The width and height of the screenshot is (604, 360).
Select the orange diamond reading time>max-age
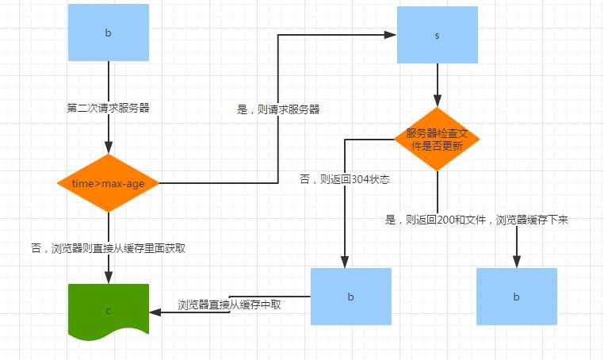coord(109,183)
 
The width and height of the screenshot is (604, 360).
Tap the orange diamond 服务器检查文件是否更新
coord(437,139)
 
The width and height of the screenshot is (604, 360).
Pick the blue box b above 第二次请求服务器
coord(109,34)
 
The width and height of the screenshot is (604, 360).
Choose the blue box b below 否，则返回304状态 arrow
coord(351,296)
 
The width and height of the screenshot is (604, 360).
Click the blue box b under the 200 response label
coord(516,296)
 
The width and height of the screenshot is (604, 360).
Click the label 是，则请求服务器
coord(279,109)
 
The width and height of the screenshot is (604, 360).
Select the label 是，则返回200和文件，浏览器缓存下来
coord(476,220)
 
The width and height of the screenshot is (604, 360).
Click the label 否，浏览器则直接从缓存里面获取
coord(109,248)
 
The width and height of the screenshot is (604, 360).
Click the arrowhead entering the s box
coord(391,35)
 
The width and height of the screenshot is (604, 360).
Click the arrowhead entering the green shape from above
coord(109,278)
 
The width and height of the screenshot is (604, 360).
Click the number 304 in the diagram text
coord(362,179)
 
